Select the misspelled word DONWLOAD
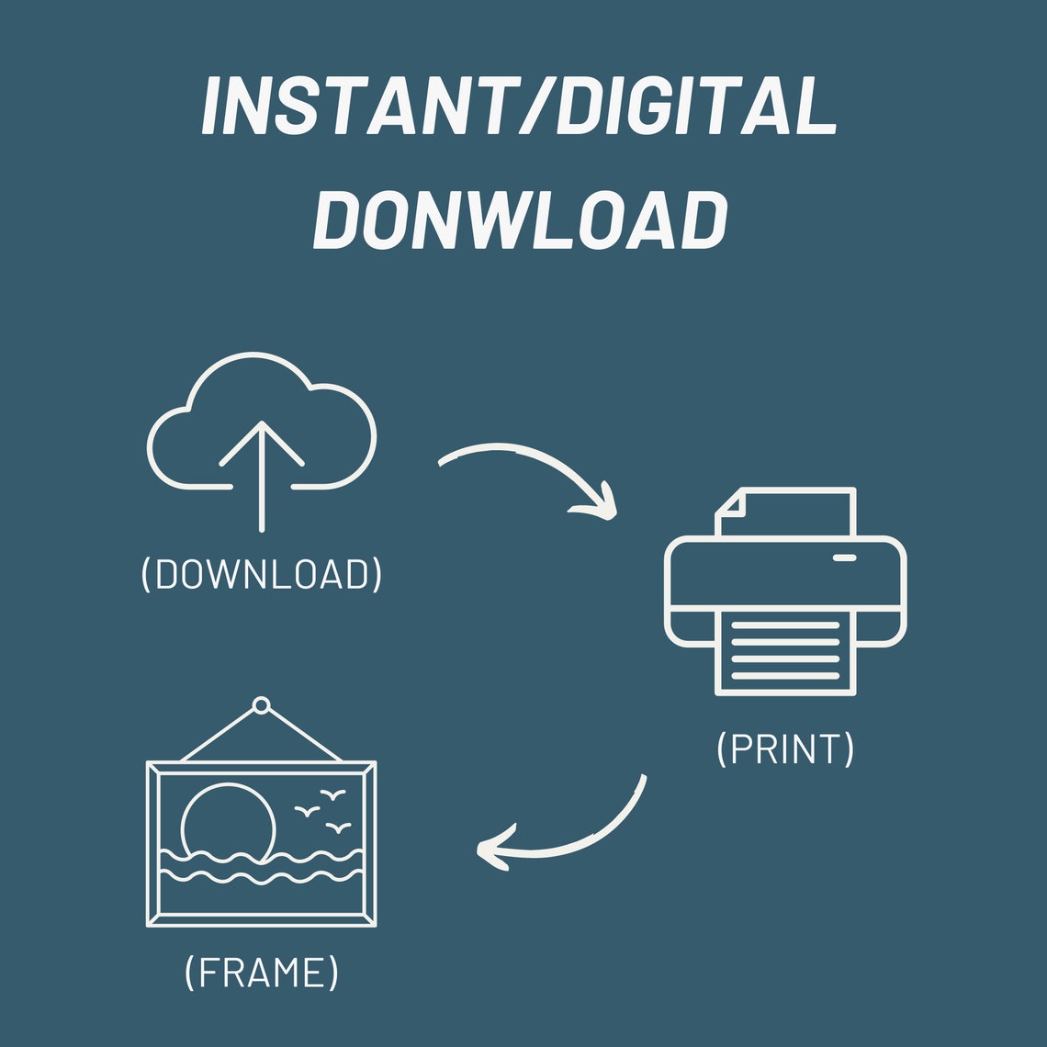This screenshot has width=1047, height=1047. coord(520,220)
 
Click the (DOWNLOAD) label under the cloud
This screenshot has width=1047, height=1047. coord(261,574)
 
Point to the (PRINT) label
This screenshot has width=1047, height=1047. coord(785,749)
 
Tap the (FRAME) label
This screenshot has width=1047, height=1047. coord(261,973)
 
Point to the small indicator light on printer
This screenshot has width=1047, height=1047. coord(845,557)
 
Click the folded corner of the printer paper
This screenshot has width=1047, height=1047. coord(731,503)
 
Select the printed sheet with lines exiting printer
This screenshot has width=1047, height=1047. coord(785,652)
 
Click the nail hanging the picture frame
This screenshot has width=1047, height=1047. coord(261,705)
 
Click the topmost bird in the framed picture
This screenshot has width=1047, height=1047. coord(332,794)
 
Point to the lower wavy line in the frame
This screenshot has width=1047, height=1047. coord(261,877)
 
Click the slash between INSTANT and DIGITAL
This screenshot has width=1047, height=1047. coord(538,106)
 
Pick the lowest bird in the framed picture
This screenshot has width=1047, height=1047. coord(339,828)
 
